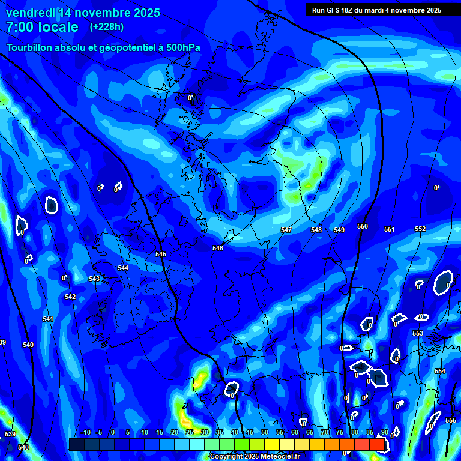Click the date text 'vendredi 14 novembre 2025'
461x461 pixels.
[83, 13]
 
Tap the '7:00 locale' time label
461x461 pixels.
[42, 27]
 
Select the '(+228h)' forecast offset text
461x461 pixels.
[107, 26]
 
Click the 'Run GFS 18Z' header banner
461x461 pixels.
[376, 10]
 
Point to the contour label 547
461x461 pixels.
[286, 230]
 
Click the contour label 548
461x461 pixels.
[316, 230]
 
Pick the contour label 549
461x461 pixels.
[339, 230]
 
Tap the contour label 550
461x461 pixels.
[362, 226]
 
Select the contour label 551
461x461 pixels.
[390, 230]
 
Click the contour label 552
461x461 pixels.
[420, 229]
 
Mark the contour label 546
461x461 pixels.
[218, 248]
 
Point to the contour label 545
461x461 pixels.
[161, 255]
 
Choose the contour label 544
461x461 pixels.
[123, 268]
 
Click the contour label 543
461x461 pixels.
[94, 279]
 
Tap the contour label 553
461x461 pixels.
[418, 333]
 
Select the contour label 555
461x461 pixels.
[451, 420]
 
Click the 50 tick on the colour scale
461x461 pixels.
[265, 432]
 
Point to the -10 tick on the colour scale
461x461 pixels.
[85, 432]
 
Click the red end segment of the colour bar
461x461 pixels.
[376, 444]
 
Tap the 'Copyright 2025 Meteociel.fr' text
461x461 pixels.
[254, 456]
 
